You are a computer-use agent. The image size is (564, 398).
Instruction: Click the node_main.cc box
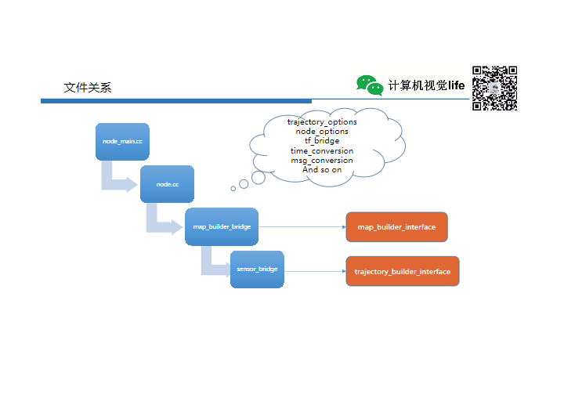coord(122,142)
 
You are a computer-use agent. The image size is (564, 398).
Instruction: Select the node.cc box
coord(167,184)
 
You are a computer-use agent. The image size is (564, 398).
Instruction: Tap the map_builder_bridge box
coord(222,226)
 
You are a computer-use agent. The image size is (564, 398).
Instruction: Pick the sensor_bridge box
coord(257,270)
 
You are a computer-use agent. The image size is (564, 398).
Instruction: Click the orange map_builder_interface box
coord(396,226)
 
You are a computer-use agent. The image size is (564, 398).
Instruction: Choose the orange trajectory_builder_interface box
coord(402,271)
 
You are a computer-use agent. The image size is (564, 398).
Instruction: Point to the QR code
coord(494,88)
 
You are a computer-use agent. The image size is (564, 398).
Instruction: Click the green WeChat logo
coord(370,85)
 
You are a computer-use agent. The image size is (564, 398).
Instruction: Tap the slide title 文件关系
coord(88,88)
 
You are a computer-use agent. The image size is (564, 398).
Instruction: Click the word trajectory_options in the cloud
coord(322,122)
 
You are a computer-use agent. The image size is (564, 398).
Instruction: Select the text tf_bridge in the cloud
coord(322,141)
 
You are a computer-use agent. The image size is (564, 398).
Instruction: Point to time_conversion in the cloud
coord(322,150)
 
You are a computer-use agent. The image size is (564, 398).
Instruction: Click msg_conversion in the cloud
coord(322,160)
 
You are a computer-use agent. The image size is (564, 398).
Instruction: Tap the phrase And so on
coord(322,169)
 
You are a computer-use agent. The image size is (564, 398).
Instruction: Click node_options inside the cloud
coord(322,132)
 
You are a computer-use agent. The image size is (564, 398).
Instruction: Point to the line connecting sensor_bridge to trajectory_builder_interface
coord(313,270)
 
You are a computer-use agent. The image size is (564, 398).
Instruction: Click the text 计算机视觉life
coord(426,85)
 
